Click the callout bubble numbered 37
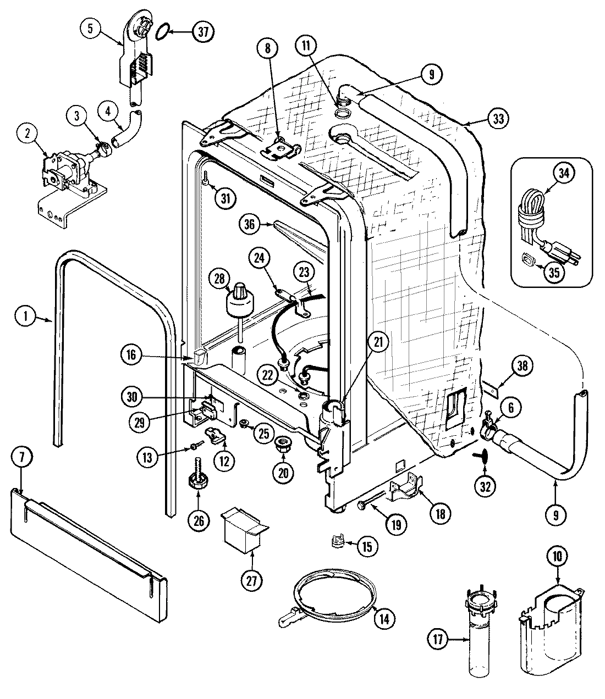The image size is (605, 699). (203, 32)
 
